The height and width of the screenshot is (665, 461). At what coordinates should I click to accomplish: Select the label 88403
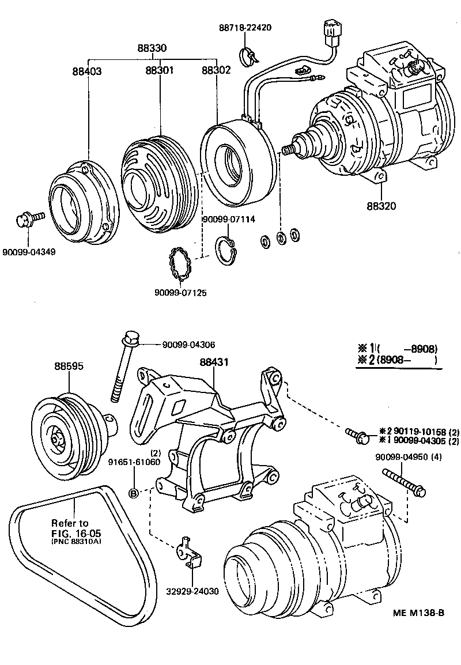coord(87,71)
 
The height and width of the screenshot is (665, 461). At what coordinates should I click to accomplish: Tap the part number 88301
coord(160,70)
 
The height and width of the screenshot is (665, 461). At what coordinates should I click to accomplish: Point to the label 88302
coord(216,70)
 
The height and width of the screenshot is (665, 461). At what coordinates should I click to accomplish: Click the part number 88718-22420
coord(245,28)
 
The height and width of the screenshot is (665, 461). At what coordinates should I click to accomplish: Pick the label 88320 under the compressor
coord(381,205)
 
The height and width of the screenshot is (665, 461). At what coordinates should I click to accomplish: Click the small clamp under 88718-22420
coord(249,55)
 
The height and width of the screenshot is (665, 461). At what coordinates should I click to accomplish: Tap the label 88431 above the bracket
coord(214,362)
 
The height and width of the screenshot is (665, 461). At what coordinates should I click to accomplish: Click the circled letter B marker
coord(133,493)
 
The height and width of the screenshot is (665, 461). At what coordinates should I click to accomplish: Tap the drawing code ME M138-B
coord(419,613)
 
